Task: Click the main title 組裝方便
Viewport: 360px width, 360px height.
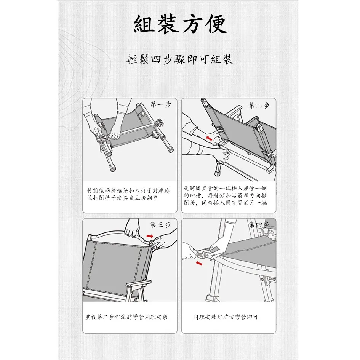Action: click(x=180, y=24)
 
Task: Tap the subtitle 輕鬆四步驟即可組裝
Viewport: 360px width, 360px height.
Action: click(x=180, y=59)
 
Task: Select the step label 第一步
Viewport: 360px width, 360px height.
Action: click(x=161, y=105)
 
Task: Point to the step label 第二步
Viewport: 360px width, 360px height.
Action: click(x=259, y=106)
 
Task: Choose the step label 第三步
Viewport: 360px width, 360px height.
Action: click(x=160, y=225)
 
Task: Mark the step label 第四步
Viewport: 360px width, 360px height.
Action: click(x=259, y=225)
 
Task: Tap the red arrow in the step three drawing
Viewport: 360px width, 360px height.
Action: click(x=150, y=236)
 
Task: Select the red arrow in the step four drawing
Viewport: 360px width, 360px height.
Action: click(x=199, y=263)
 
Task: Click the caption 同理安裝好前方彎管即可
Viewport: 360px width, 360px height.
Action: click(x=226, y=317)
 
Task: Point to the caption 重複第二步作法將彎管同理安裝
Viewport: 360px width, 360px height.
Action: click(x=126, y=317)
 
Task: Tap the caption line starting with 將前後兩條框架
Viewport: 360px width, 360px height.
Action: click(x=128, y=190)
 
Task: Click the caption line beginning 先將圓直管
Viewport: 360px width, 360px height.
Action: click(x=225, y=188)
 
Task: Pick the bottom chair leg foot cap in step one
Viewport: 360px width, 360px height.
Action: click(x=112, y=168)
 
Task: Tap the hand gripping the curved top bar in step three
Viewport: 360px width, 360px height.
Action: click(x=132, y=229)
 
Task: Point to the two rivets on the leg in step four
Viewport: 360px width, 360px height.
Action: click(x=272, y=279)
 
